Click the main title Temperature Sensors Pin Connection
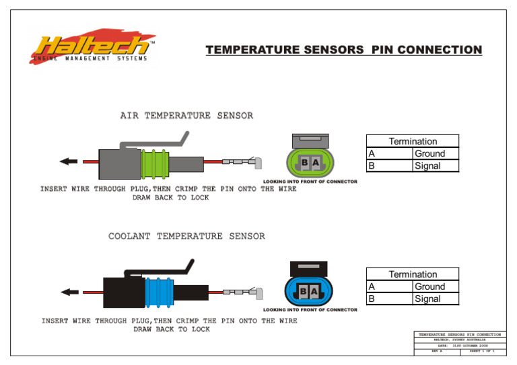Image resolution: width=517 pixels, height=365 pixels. click(x=343, y=50)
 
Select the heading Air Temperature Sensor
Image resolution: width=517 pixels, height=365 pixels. click(x=186, y=116)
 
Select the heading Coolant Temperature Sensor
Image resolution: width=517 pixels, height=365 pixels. click(x=186, y=236)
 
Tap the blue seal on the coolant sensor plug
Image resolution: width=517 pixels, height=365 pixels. click(x=159, y=292)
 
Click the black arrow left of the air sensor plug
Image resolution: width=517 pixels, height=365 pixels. click(x=68, y=161)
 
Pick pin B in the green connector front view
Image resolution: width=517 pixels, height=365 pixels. click(x=304, y=163)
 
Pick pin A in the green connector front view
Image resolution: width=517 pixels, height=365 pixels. click(x=315, y=163)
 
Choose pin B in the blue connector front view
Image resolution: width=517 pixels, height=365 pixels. click(x=304, y=292)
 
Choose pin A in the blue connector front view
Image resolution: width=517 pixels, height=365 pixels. click(x=314, y=292)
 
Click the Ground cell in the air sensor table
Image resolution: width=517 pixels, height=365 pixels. click(x=435, y=153)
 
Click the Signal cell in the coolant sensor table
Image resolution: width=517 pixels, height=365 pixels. click(x=435, y=298)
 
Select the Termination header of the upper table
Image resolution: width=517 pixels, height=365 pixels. click(x=412, y=141)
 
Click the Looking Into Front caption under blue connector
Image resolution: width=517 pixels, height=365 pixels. click(x=310, y=310)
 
